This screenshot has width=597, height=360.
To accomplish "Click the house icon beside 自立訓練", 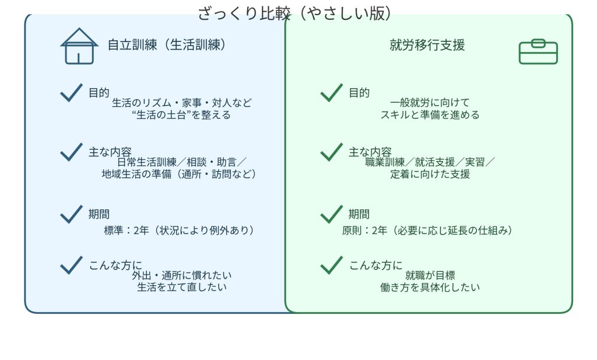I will (x=79, y=46).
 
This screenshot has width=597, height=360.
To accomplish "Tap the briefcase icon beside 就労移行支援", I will (x=538, y=51).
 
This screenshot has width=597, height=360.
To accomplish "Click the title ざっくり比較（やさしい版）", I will (x=294, y=13).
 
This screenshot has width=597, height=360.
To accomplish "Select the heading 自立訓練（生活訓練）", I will (x=167, y=45).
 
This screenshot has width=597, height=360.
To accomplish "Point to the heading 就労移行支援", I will (x=427, y=45).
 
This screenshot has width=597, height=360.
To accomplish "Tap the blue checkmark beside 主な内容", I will (x=71, y=152).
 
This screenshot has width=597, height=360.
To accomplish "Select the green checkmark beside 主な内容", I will (x=332, y=152).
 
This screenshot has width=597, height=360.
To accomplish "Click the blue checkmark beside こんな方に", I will (x=71, y=265).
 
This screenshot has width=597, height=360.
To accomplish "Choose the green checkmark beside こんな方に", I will (x=332, y=265).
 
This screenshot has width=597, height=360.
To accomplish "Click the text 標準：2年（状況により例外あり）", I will (x=180, y=230).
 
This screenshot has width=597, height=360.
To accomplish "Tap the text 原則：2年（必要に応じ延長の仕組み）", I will (x=427, y=230).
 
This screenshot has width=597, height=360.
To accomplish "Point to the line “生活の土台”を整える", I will (x=181, y=115).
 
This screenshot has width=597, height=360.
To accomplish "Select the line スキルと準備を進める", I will (x=430, y=115).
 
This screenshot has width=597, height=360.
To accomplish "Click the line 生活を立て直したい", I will (x=182, y=287).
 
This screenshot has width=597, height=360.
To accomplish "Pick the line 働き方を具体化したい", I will (x=430, y=287).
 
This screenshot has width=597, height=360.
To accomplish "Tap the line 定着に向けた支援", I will (x=430, y=174).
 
